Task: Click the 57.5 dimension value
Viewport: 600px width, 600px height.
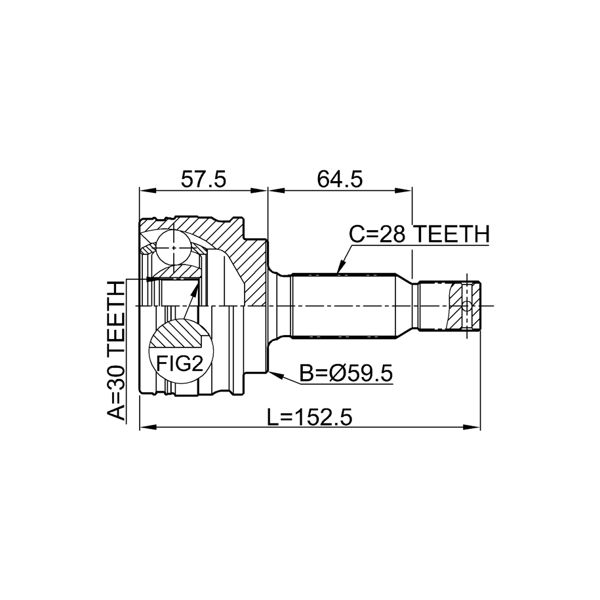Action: tap(203, 179)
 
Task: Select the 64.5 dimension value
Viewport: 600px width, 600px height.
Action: tap(340, 179)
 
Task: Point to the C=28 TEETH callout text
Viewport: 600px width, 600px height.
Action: tap(420, 234)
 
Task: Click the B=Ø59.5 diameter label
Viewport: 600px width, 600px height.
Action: tap(346, 373)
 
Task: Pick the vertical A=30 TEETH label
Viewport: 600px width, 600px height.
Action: tap(116, 351)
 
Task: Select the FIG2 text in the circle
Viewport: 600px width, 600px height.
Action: tap(180, 363)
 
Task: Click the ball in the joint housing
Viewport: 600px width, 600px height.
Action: tap(174, 247)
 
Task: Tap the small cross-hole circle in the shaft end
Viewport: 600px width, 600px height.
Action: tap(466, 306)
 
